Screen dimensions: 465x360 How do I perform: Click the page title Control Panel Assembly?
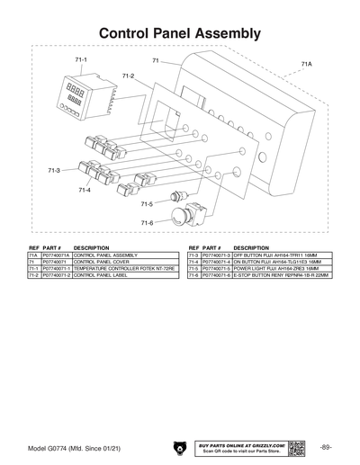tap(180, 33)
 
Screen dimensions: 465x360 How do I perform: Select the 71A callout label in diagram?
tap(307, 65)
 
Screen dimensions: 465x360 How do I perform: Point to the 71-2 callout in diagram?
tap(128, 76)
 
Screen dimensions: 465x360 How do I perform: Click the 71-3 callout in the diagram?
tap(54, 169)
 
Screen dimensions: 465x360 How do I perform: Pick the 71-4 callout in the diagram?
tap(85, 190)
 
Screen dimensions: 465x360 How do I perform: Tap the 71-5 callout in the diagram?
tap(147, 204)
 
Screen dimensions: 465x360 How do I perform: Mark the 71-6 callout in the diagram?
tap(147, 222)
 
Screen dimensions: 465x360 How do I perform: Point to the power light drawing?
tap(175, 197)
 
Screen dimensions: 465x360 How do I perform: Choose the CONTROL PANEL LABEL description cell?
tap(103, 275)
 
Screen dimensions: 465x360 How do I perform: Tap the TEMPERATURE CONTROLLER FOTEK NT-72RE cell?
tap(124, 269)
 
